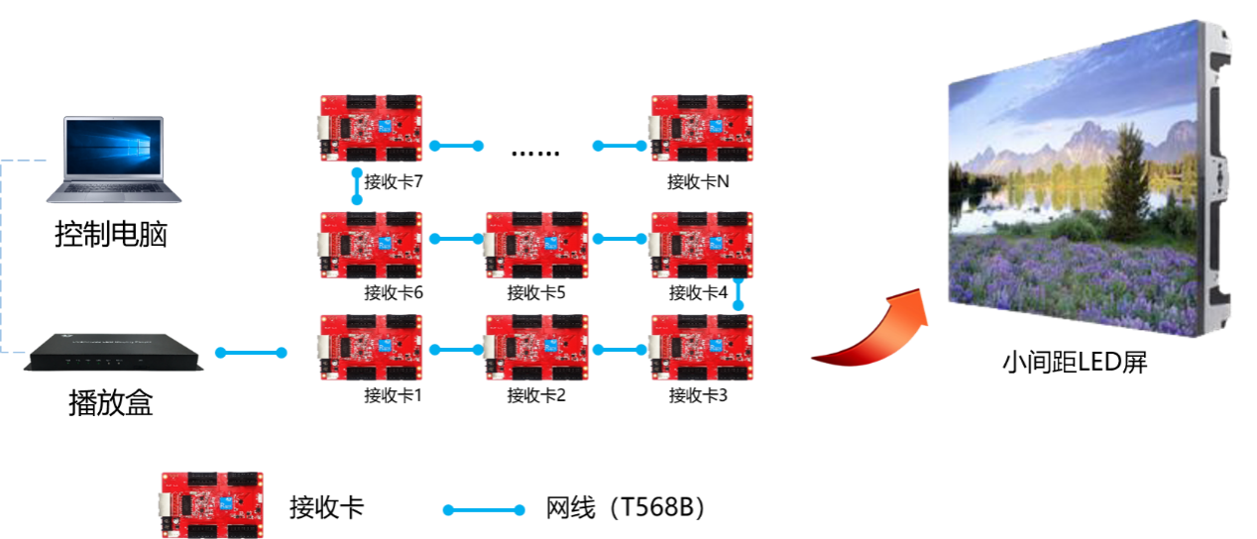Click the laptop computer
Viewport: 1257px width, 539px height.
click(114, 160)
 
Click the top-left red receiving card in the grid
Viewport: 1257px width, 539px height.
click(371, 128)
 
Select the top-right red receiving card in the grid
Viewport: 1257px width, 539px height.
click(702, 128)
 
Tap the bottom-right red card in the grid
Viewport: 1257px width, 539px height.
click(702, 348)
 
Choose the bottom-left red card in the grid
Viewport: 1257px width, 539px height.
click(371, 348)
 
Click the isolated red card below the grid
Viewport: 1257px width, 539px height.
click(212, 504)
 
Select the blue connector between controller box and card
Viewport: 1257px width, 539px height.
click(251, 353)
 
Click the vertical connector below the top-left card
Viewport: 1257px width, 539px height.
click(357, 186)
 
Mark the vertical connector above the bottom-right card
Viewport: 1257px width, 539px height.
click(738, 293)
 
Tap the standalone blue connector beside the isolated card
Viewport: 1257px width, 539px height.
click(484, 510)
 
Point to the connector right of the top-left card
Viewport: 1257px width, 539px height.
click(456, 146)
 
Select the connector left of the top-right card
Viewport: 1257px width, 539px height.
click(620, 146)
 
